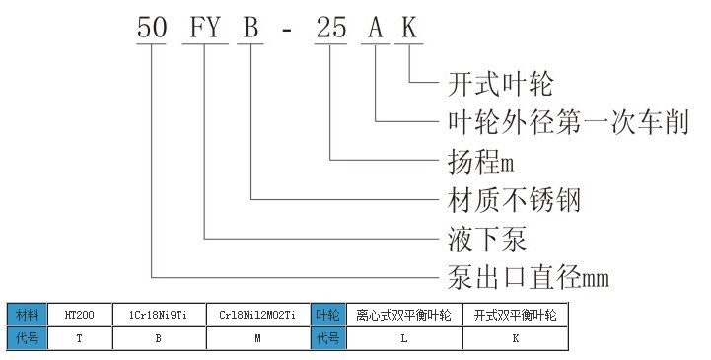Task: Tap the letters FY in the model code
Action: (203, 29)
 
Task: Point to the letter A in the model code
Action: (377, 29)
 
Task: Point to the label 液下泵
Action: (485, 239)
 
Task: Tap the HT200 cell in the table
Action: (78, 316)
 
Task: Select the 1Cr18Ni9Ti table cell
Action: (160, 316)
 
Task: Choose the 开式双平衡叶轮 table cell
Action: (515, 316)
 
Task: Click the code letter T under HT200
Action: (78, 338)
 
